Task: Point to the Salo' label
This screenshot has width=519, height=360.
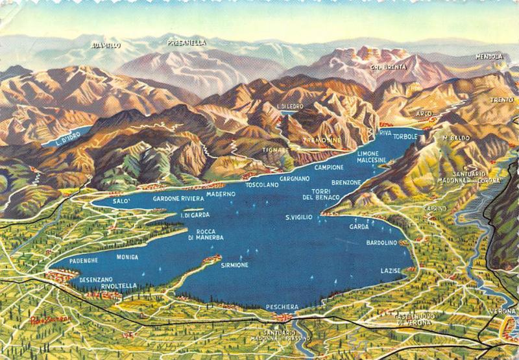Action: coord(121,201)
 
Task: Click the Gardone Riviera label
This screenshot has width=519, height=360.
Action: coord(178,198)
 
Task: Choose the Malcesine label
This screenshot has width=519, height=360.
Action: coord(372,160)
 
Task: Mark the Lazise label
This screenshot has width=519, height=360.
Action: coord(391,269)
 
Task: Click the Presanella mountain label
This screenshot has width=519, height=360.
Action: coord(186,43)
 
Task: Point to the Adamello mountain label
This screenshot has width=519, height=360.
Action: coord(106,45)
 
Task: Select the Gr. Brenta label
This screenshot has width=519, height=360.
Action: coord(389,67)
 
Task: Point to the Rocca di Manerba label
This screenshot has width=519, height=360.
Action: coord(206,235)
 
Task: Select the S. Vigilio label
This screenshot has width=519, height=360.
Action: coord(299,217)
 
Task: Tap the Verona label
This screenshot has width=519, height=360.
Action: coord(503,312)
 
